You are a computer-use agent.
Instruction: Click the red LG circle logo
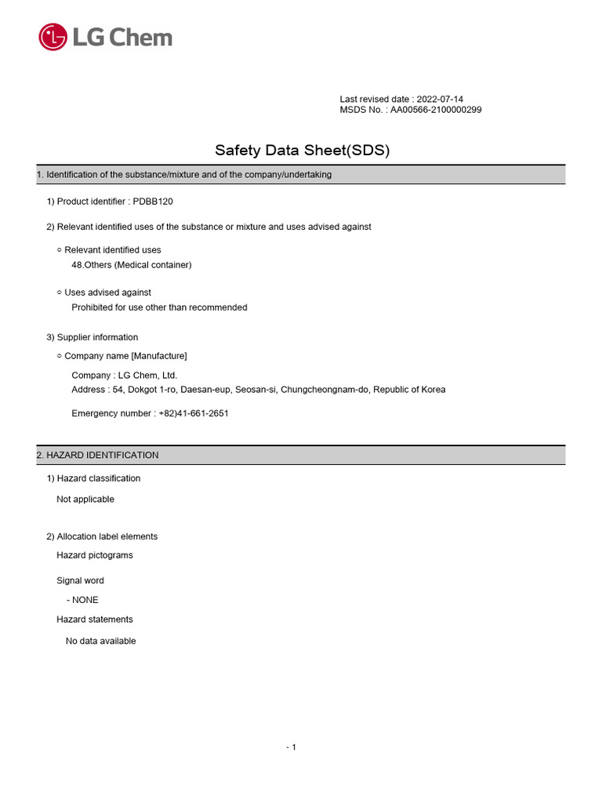(x=53, y=37)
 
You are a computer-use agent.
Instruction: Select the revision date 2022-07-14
(x=439, y=100)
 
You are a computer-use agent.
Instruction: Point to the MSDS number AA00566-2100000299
(x=436, y=110)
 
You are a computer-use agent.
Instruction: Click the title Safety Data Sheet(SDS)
(x=302, y=150)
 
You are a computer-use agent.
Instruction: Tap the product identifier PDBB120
(x=153, y=202)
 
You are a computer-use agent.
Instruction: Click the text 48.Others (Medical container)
(x=132, y=265)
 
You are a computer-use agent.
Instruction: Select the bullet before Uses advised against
(x=60, y=292)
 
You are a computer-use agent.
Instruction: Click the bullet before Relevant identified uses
(x=60, y=250)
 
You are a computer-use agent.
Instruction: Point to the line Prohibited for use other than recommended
(x=159, y=307)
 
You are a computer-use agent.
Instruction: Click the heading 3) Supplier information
(x=92, y=337)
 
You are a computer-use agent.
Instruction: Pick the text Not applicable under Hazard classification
(x=85, y=500)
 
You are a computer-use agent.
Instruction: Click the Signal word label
(x=80, y=581)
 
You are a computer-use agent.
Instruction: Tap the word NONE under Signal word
(x=85, y=600)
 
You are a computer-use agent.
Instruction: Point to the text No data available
(x=100, y=641)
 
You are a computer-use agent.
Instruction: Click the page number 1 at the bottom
(x=293, y=747)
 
